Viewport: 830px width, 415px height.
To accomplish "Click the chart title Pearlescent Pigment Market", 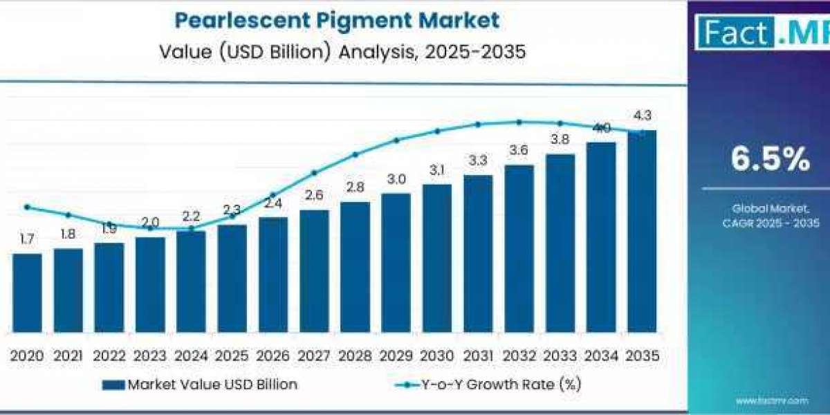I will click(x=337, y=20).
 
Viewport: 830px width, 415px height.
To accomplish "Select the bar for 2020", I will click(x=27, y=293).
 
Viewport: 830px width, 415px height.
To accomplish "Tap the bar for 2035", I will click(x=642, y=232).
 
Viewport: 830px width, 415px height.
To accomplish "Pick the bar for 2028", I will click(x=355, y=267).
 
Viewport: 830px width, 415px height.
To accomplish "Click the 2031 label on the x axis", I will click(x=478, y=356).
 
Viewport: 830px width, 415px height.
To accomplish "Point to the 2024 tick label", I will click(x=191, y=356).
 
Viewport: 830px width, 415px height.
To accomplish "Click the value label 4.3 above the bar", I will click(x=642, y=116).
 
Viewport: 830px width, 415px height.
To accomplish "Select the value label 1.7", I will click(x=27, y=239).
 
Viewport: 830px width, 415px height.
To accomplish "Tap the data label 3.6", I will click(x=519, y=150).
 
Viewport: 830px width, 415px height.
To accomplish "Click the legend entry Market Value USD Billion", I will click(x=201, y=385).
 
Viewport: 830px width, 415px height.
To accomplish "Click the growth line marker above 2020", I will click(x=27, y=207).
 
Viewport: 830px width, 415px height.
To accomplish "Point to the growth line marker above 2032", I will click(x=519, y=122).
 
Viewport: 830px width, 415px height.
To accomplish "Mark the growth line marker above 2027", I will click(x=314, y=173).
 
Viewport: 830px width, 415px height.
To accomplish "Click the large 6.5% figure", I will click(x=771, y=160).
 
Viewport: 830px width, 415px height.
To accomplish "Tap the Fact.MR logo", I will click(x=761, y=33).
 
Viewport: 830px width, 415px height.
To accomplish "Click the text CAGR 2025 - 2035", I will click(x=771, y=223).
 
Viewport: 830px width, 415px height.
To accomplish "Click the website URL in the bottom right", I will click(x=771, y=400).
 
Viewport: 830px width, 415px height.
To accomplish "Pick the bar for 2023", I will click(x=150, y=285).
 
